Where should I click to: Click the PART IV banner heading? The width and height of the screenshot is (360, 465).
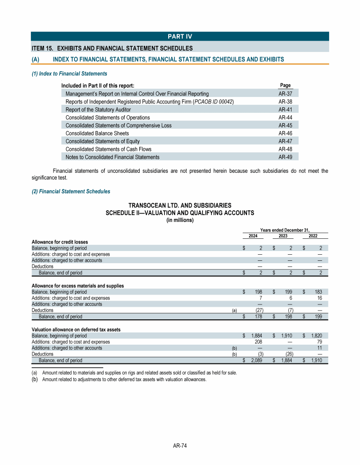180,37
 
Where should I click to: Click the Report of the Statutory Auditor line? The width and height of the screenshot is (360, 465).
98,110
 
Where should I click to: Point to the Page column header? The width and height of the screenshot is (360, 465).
285,85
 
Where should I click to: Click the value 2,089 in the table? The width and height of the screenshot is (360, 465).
255,361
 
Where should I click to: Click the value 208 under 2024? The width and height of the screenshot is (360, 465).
258,342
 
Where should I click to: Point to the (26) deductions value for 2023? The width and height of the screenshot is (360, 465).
289,354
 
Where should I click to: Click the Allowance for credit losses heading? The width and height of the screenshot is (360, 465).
60,242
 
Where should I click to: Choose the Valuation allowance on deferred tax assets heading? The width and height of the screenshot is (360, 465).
76,330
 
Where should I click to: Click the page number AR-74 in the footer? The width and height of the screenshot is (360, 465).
180,446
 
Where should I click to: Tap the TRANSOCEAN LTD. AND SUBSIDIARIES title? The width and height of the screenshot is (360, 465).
180,206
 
